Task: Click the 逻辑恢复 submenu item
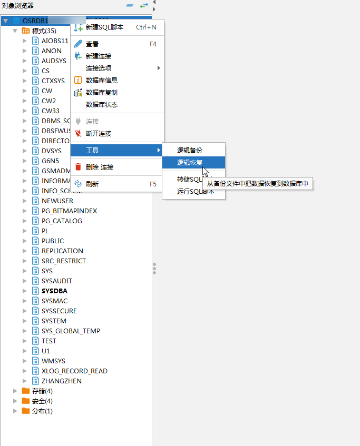[x=190, y=163]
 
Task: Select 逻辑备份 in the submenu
[x=189, y=151]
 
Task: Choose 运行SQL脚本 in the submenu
[x=196, y=192]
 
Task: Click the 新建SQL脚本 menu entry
[x=104, y=27]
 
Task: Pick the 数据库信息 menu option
[x=101, y=81]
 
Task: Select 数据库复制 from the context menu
[x=101, y=93]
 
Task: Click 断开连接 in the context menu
[x=99, y=134]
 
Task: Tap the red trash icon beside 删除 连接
[x=78, y=167]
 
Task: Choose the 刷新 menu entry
[x=92, y=184]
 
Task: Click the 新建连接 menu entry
[x=99, y=56]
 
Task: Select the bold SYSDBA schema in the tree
[x=54, y=291]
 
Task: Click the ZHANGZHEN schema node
[x=61, y=381]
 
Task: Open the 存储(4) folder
[x=42, y=391]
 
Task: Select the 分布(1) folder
[x=42, y=411]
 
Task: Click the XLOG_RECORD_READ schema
[x=74, y=371]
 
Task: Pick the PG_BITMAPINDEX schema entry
[x=69, y=211]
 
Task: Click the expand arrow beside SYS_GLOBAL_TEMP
[x=25, y=331]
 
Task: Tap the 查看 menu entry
[x=92, y=44]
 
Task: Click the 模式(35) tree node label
[x=44, y=31]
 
